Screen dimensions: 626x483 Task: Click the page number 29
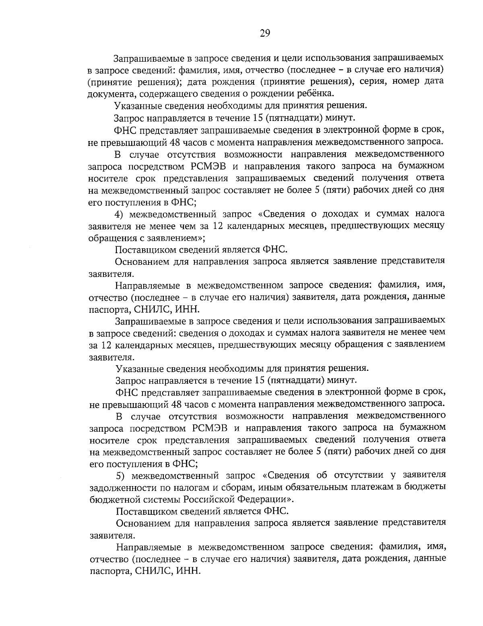[x=264, y=33]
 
